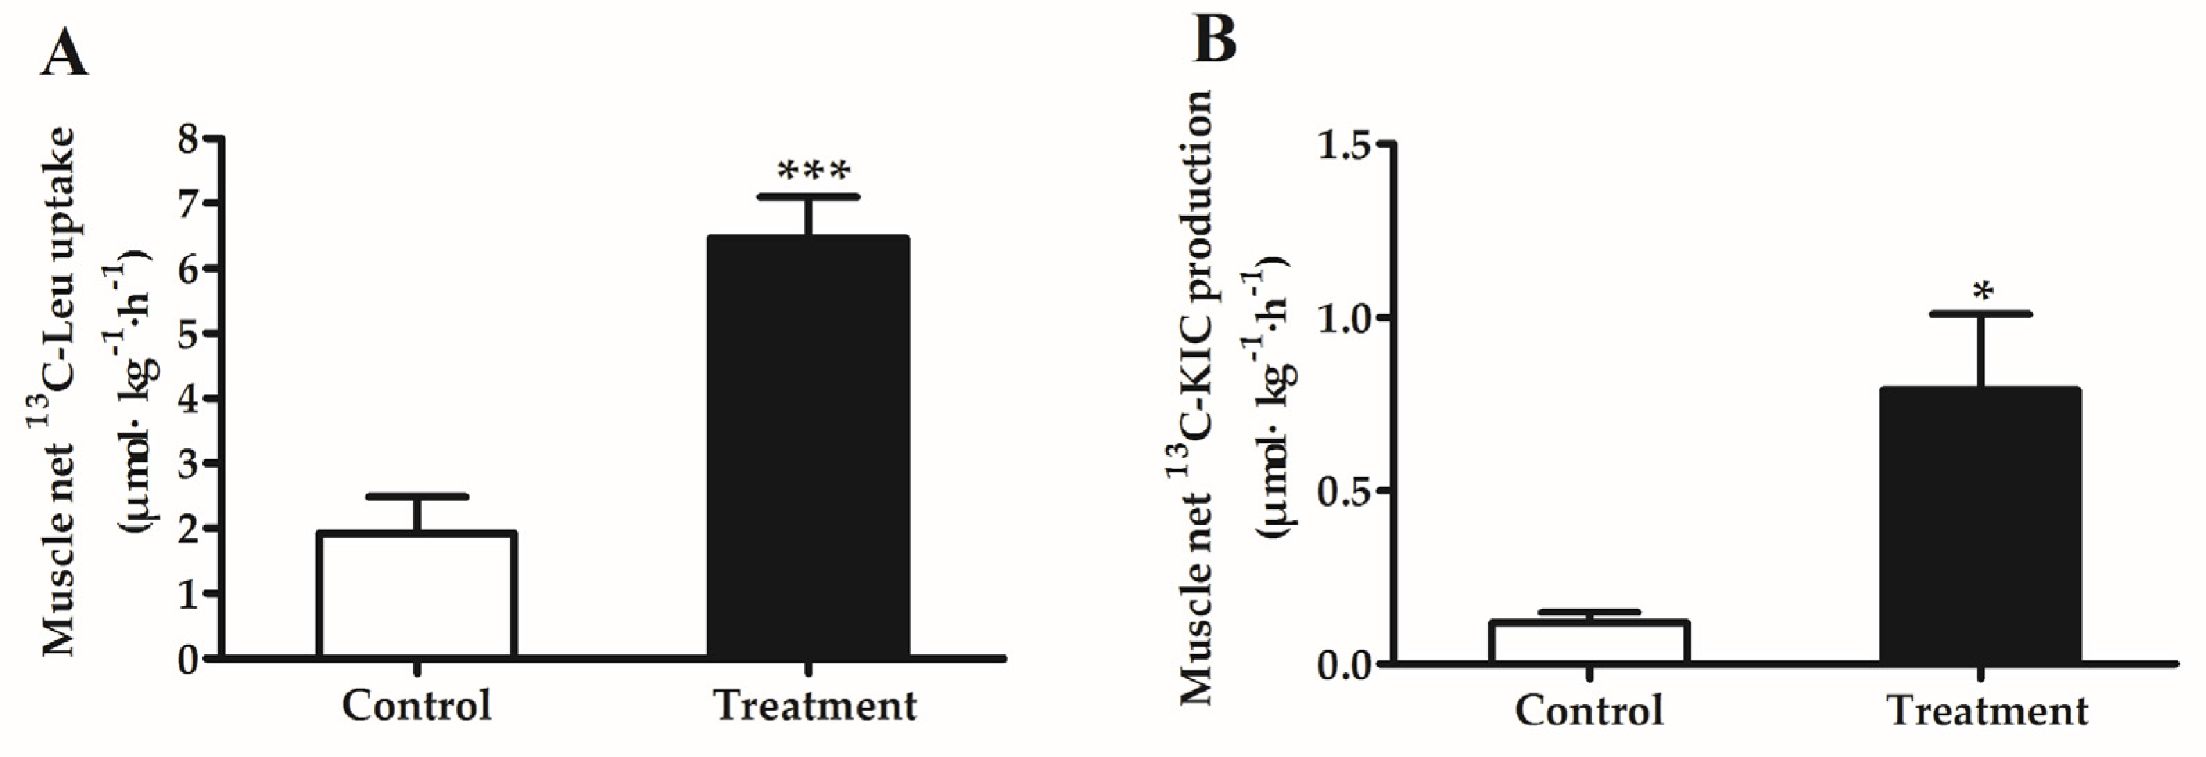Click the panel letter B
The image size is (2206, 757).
(1215, 40)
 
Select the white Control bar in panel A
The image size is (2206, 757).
(416, 595)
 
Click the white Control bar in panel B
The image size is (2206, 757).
(1589, 643)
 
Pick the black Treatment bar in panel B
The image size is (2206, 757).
(1981, 526)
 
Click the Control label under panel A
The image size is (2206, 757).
(416, 706)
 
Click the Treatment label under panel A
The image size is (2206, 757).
(814, 706)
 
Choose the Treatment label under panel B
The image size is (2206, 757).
(1987, 711)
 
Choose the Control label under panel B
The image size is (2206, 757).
(1589, 711)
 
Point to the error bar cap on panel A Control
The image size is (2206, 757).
(416, 497)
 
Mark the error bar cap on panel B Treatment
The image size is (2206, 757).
(1981, 314)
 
